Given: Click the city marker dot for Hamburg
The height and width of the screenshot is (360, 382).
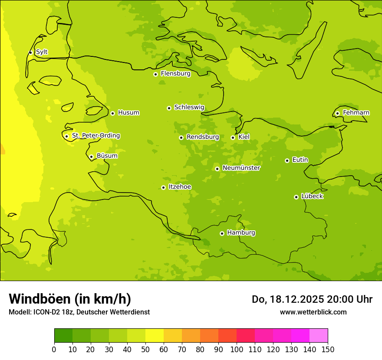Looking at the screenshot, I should [222, 233].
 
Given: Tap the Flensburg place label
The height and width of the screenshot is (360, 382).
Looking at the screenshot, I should [175, 74].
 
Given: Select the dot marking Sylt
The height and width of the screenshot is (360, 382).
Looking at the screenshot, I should [30, 52].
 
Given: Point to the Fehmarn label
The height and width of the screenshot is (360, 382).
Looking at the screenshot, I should [356, 113].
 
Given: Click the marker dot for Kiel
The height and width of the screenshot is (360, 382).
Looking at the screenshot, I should [233, 137].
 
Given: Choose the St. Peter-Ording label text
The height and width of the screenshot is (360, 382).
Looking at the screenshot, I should [95, 136].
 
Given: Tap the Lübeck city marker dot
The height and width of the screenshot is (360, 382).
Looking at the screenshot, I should [296, 197].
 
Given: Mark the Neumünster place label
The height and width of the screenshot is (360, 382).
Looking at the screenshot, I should [241, 168].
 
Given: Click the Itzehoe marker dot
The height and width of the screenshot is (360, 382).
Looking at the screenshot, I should [163, 187].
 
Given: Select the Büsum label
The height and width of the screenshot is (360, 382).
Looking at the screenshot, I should [107, 156].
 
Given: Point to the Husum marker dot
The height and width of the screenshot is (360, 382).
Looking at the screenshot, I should [112, 113].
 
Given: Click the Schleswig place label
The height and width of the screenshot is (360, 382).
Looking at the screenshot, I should [189, 107].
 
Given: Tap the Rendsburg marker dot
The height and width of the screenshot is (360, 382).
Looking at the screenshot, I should [181, 137].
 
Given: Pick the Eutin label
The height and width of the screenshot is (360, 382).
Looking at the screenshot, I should [300, 160].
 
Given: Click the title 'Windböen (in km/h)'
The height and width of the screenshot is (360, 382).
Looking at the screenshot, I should [70, 299].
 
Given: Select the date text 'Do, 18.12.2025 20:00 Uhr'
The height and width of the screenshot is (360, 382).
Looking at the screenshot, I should [312, 299].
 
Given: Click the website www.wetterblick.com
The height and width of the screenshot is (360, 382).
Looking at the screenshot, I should [313, 312].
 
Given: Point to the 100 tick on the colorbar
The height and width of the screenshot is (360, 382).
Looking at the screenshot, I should [237, 349].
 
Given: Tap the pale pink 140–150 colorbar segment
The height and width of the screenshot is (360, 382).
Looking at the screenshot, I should [319, 336].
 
